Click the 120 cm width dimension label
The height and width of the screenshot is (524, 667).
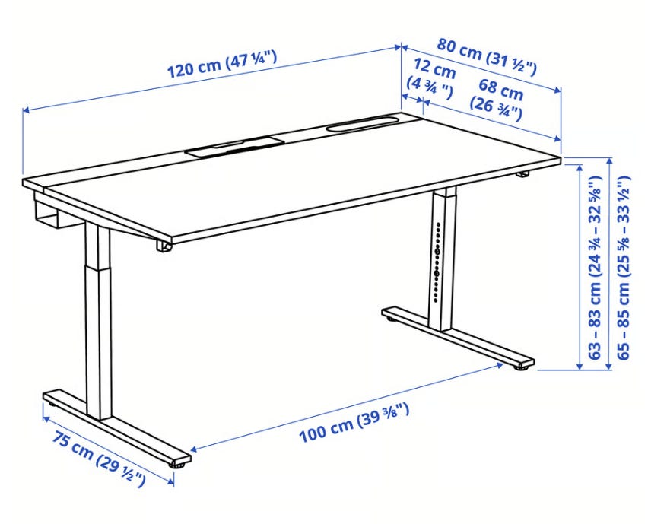click(x=221, y=65)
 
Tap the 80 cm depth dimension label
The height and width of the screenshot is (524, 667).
click(x=487, y=56)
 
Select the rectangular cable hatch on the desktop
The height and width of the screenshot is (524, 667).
click(x=234, y=146)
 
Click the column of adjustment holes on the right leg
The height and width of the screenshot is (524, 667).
click(x=437, y=262)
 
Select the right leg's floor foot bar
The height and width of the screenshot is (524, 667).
click(x=458, y=337)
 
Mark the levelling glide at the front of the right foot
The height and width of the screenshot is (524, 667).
click(x=521, y=367)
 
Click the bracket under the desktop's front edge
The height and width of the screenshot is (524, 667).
click(x=164, y=246)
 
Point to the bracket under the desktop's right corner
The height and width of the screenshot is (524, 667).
click(x=522, y=174)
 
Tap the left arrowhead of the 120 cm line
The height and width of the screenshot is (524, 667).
click(x=26, y=110)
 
